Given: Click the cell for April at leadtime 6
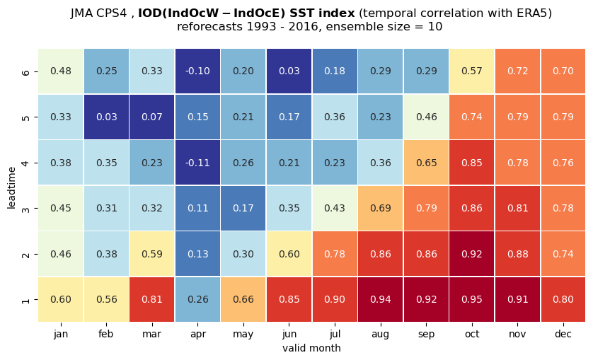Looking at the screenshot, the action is click(x=198, y=71).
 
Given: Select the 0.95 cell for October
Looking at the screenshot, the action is click(x=472, y=299).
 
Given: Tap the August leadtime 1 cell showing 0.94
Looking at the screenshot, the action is click(x=381, y=299).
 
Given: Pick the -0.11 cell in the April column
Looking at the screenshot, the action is click(x=198, y=163).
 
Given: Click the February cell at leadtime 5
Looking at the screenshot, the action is click(x=106, y=117).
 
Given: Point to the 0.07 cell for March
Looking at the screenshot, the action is click(x=152, y=117).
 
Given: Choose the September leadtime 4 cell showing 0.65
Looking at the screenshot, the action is click(x=426, y=163).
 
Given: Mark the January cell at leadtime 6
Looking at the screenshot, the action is click(x=61, y=71).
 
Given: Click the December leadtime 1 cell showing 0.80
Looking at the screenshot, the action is click(x=563, y=299).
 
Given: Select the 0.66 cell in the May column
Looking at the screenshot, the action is click(x=243, y=299).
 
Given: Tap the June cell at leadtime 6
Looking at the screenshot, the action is click(x=289, y=71).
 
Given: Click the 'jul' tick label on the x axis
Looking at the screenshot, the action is click(x=335, y=335).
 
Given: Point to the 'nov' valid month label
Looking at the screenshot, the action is click(x=517, y=335).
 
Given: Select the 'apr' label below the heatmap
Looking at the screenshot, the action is click(x=198, y=335).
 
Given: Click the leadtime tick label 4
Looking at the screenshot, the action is click(x=25, y=163).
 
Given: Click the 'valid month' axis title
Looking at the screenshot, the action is click(x=311, y=348).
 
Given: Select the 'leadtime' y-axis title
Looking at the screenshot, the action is click(x=12, y=187).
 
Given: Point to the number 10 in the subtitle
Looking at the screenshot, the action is click(x=435, y=27).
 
